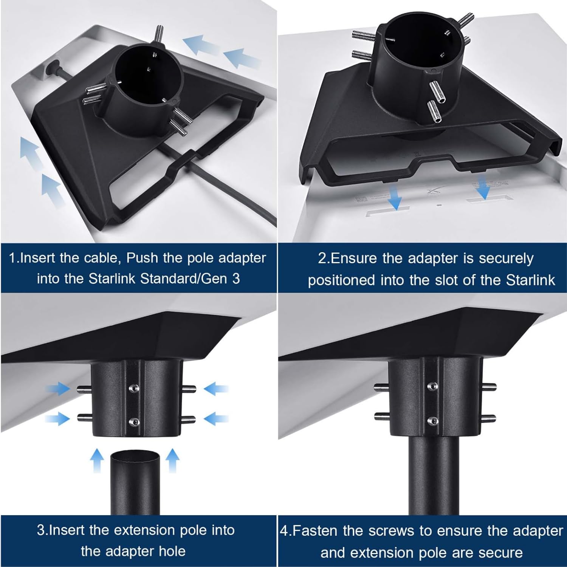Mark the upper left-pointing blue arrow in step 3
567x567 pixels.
[x=216, y=388]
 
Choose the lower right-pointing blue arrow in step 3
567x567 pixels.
[x=57, y=418]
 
